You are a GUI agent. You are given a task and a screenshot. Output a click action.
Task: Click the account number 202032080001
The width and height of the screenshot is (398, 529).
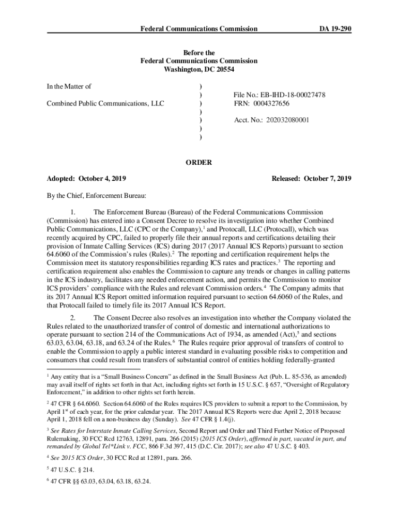point(288,120)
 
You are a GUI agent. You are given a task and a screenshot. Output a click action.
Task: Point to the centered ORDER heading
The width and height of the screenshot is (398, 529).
point(199,162)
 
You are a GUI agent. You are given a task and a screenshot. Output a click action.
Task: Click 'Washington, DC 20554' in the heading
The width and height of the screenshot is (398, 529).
point(199,69)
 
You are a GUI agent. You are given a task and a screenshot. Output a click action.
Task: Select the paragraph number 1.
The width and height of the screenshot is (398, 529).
point(73,212)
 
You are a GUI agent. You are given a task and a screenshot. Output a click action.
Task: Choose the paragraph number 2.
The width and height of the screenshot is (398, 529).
point(73,318)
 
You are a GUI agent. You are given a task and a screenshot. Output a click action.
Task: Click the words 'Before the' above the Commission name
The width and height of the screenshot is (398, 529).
point(199,53)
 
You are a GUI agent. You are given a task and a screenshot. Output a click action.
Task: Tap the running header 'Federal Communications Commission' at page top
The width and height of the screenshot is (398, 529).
point(199,29)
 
